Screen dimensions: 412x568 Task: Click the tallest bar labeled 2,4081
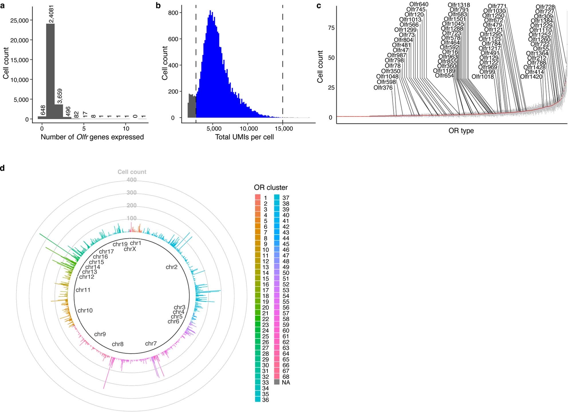pos(50,72)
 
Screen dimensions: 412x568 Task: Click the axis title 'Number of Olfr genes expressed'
pos(92,137)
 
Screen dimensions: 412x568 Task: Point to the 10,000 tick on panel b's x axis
pos(249,129)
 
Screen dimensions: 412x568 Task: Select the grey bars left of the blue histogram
pos(192,106)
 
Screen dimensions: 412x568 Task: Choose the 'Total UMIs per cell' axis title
pos(244,137)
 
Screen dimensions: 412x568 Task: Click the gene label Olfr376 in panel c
pos(383,88)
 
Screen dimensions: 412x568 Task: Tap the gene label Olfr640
pos(419,4)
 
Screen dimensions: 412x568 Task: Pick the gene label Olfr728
pos(545,7)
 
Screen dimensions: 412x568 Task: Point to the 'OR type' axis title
pos(461,131)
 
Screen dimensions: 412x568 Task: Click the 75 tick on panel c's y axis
pos(331,28)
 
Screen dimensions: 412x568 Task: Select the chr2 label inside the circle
pos(171,267)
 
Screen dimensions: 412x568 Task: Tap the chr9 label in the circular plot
pos(100,334)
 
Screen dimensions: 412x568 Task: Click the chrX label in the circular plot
pos(130,249)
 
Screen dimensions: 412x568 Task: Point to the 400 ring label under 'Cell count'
pos(131,180)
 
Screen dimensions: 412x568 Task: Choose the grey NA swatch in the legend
pos(277,382)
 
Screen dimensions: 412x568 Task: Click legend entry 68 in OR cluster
pos(285,377)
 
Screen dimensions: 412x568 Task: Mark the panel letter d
pos(3,168)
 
